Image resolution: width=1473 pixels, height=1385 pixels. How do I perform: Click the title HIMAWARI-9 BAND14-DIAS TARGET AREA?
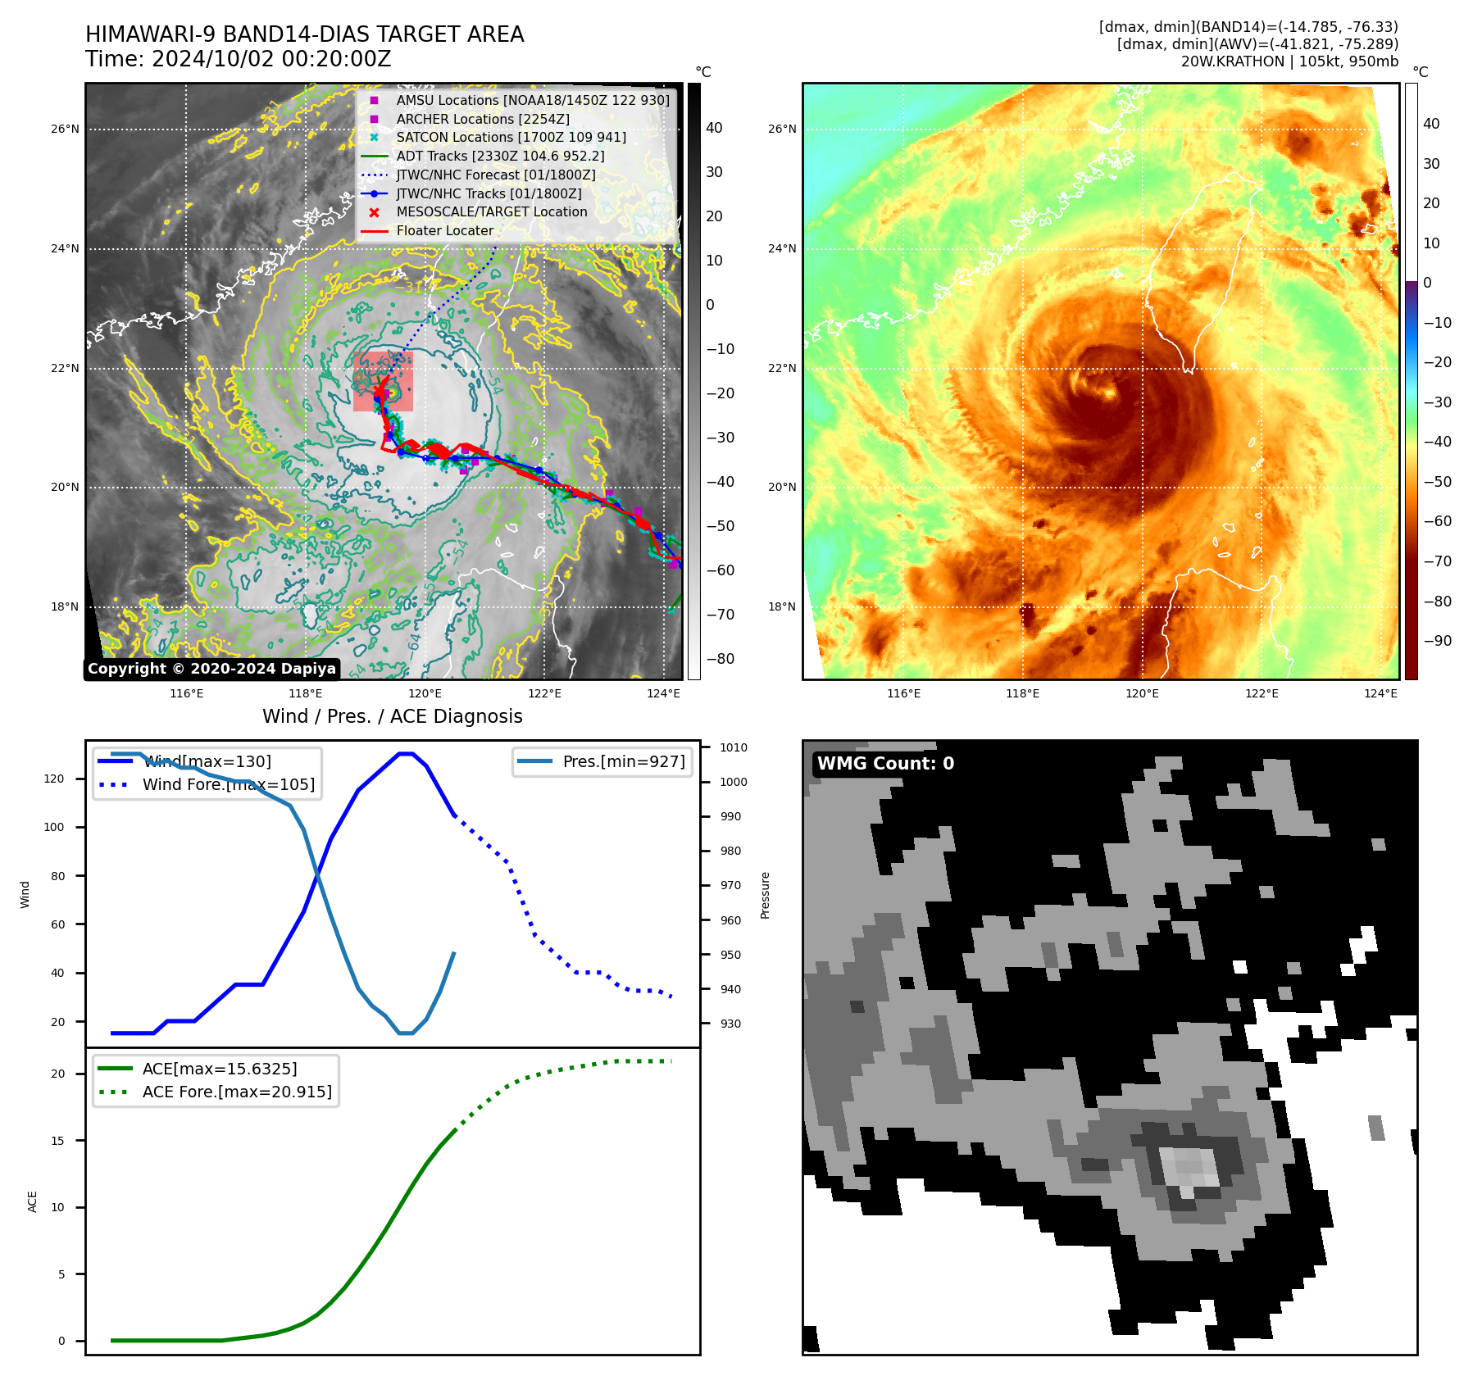[304, 34]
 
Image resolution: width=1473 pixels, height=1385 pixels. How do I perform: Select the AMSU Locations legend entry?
[532, 100]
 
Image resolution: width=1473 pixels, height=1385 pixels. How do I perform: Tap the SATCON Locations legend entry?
[510, 137]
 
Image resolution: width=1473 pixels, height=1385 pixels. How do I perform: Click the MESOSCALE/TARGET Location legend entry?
[491, 211]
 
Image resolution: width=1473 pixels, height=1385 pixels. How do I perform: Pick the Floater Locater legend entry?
[444, 230]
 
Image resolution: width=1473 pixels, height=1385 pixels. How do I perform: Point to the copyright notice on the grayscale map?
[211, 669]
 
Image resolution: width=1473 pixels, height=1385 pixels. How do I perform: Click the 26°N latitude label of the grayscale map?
[65, 129]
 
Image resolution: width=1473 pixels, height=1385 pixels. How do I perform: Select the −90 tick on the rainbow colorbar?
[1437, 641]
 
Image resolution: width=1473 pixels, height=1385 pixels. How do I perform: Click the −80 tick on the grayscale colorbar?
[720, 659]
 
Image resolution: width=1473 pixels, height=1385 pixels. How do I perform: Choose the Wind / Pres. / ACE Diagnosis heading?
[392, 716]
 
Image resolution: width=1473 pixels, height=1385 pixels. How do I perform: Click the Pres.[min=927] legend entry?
[623, 761]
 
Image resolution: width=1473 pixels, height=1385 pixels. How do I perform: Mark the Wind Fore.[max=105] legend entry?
[228, 784]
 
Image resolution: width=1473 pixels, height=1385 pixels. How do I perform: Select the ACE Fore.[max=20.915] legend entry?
[236, 1092]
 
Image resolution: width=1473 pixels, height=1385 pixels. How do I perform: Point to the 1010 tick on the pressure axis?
[733, 747]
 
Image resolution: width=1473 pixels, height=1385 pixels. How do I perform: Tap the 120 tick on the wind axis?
[54, 779]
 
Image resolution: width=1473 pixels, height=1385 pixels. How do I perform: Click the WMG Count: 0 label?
[885, 764]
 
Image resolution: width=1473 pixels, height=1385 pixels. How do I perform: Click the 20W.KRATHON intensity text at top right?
[1289, 61]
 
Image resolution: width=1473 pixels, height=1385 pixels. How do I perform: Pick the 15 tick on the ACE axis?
[57, 1140]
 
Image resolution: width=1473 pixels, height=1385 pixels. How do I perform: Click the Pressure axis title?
[765, 895]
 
